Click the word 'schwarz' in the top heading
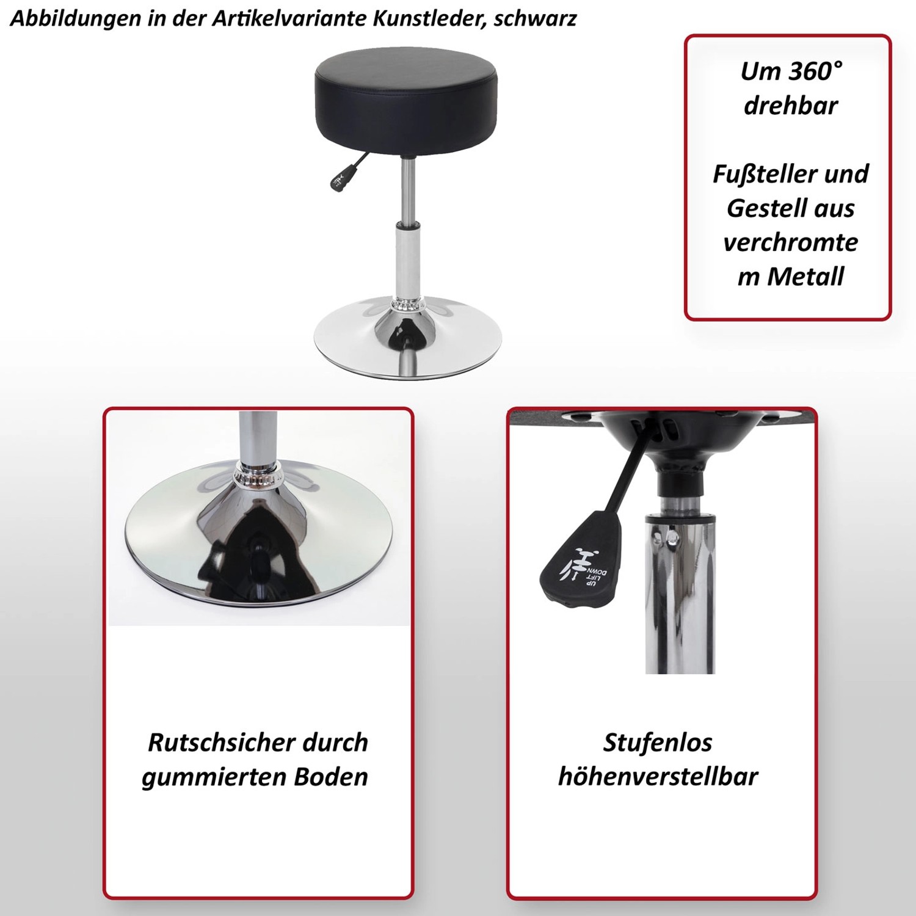pyautogui.click(x=535, y=19)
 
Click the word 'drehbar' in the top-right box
pyautogui.click(x=791, y=106)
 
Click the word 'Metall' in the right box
pyautogui.click(x=805, y=277)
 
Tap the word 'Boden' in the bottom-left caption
pyautogui.click(x=331, y=777)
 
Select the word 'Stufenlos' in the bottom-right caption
pyautogui.click(x=658, y=743)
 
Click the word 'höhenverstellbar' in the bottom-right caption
pyautogui.click(x=658, y=777)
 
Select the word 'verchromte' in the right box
pyautogui.click(x=791, y=242)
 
